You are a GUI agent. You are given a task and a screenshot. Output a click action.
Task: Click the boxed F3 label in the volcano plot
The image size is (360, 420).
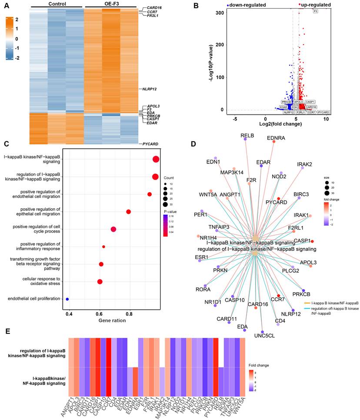[x=315, y=11]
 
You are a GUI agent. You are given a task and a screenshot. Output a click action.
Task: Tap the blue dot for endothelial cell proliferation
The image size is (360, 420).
[x=67, y=299]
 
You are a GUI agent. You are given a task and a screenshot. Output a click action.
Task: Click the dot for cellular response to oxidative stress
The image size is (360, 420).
[x=100, y=282]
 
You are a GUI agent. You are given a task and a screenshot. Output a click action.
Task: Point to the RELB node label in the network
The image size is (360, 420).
[x=247, y=136]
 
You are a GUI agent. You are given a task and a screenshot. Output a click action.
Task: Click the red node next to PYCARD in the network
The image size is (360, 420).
[x=279, y=199]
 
